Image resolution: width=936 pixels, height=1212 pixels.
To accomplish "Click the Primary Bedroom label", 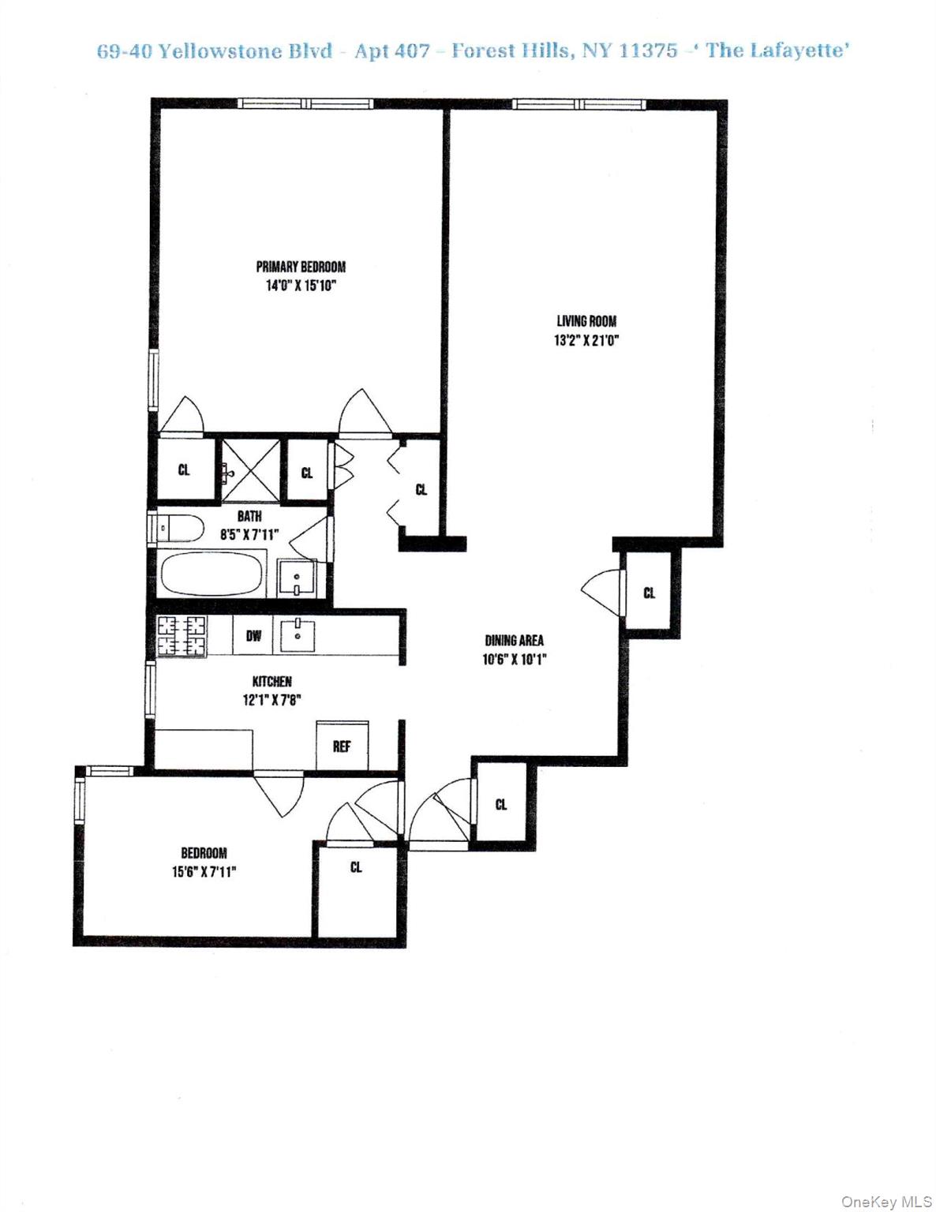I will tap(301, 267).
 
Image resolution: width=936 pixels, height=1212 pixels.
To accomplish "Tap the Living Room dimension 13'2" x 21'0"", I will tap(586, 341).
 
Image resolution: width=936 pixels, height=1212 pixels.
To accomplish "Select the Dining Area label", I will tap(514, 641).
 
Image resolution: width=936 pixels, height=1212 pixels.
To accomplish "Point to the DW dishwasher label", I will tap(253, 635).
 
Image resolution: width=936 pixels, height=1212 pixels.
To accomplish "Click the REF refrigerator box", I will tap(342, 746).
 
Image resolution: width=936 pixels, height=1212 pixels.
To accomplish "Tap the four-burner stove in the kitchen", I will tap(182, 636).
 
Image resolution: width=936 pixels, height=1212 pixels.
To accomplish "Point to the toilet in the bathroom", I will tap(178, 527).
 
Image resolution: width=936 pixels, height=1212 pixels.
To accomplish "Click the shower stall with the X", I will tap(249, 471).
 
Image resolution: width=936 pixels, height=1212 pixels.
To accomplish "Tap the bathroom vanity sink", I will tap(297, 577).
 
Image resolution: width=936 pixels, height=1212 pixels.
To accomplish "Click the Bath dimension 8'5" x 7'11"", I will tap(249, 534).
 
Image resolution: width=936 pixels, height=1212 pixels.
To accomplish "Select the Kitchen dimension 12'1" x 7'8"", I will tap(272, 699).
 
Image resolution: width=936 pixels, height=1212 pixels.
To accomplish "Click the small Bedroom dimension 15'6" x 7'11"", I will tap(204, 872).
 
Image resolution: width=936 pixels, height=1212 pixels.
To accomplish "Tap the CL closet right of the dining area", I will tap(649, 593).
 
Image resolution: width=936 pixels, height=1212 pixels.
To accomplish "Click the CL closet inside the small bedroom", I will tap(356, 867).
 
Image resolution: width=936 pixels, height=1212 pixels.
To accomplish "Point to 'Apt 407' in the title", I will tap(392, 51).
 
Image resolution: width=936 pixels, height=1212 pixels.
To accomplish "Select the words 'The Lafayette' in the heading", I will tap(777, 51).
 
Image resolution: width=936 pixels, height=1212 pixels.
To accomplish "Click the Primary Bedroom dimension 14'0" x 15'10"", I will tap(301, 286).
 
